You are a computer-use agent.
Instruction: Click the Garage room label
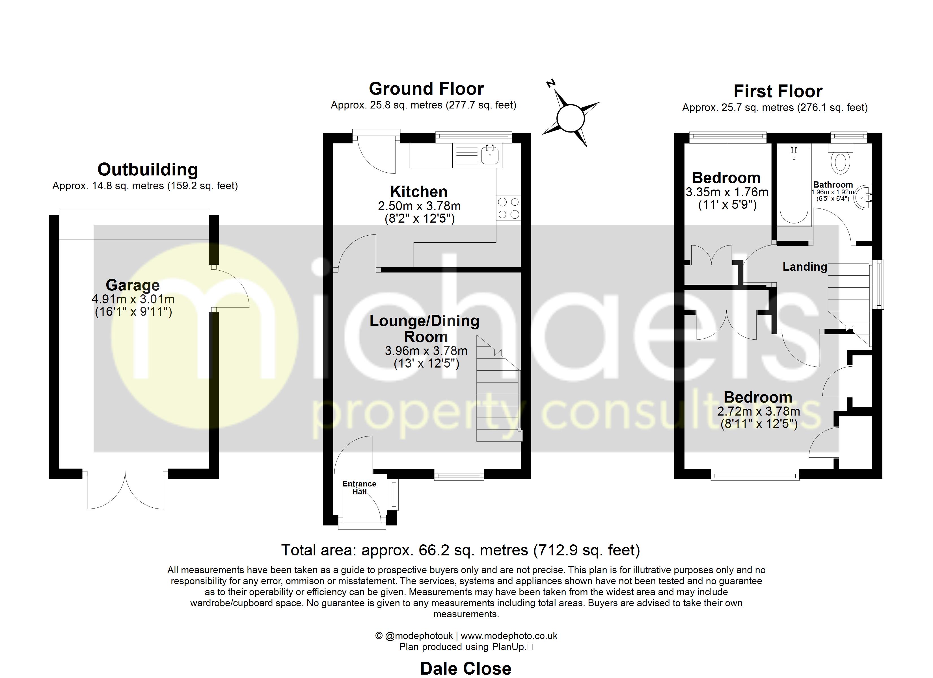[133, 285]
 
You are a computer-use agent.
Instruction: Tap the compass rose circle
[570, 118]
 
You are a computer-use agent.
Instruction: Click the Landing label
[804, 267]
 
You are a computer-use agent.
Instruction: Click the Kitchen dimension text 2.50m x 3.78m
[419, 206]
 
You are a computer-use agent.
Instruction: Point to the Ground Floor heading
[426, 88]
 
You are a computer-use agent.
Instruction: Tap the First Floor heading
[777, 91]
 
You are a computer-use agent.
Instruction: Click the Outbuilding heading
[148, 169]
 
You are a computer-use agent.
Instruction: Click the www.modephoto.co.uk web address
[509, 636]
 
